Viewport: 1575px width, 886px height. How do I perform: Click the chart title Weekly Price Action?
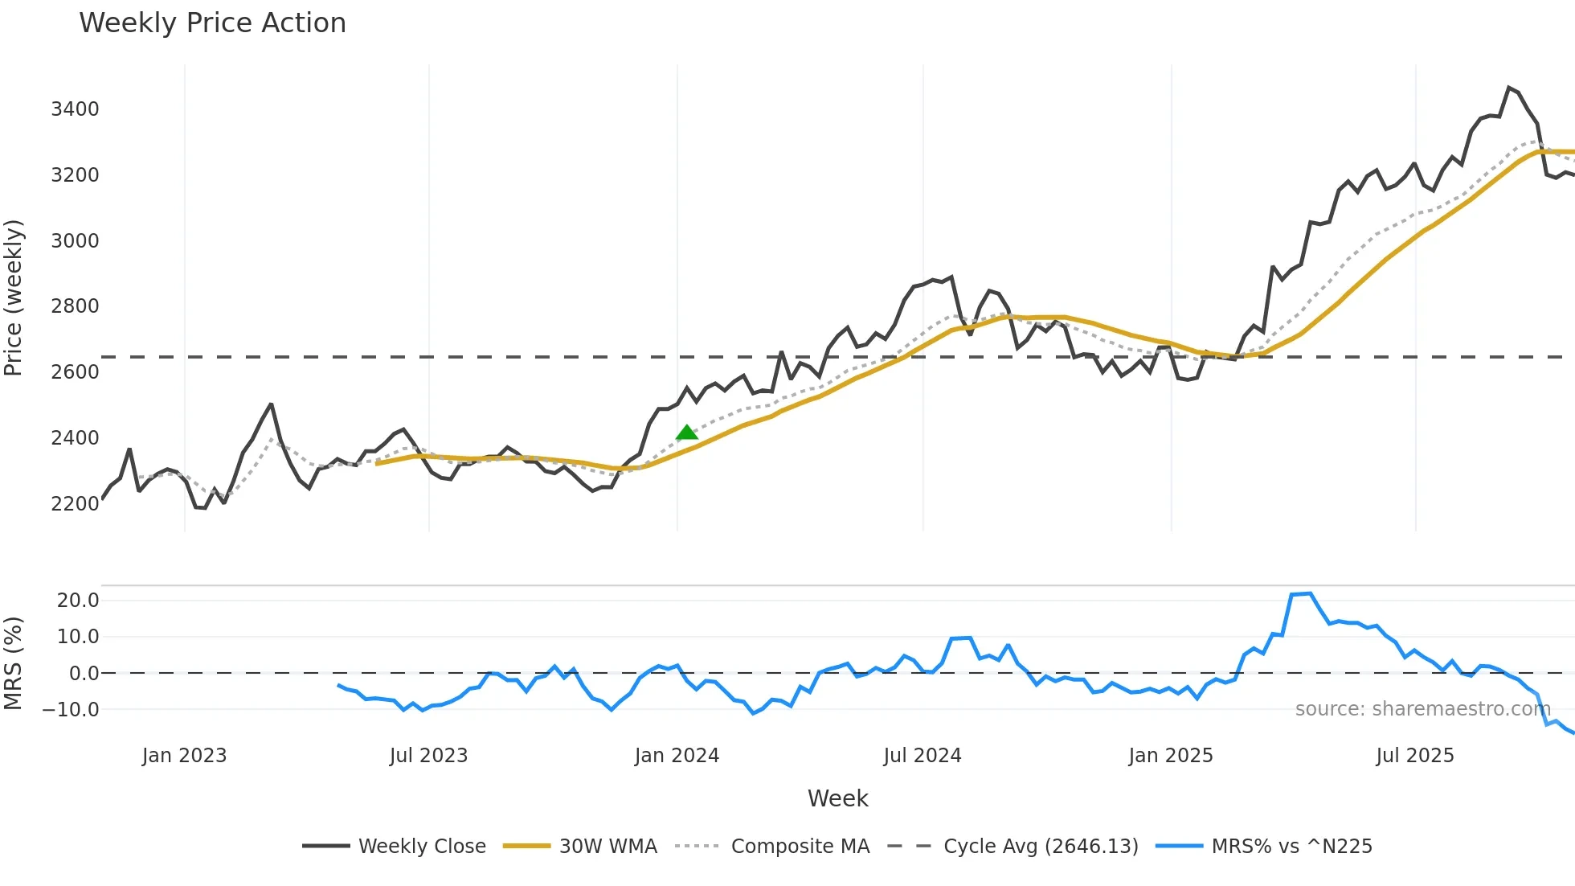pyautogui.click(x=212, y=23)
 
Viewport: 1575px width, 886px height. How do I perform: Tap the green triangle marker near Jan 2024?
pyautogui.click(x=686, y=433)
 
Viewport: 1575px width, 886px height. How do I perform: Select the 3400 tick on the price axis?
pyautogui.click(x=75, y=109)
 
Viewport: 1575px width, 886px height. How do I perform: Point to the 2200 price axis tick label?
pyautogui.click(x=75, y=504)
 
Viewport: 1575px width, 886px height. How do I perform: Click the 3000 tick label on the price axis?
pyautogui.click(x=75, y=240)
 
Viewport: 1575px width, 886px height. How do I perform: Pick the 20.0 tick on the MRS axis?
pyautogui.click(x=78, y=600)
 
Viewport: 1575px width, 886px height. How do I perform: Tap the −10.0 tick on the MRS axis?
pyautogui.click(x=71, y=710)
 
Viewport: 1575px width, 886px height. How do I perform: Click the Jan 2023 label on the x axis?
pyautogui.click(x=184, y=756)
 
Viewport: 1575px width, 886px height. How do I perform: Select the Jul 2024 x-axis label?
pyautogui.click(x=922, y=756)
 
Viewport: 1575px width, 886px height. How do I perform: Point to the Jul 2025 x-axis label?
pyautogui.click(x=1414, y=756)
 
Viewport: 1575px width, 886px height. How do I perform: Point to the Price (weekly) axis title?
pyautogui.click(x=14, y=297)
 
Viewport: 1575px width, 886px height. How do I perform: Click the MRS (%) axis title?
pyautogui.click(x=14, y=663)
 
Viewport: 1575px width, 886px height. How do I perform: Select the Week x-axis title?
pyautogui.click(x=837, y=798)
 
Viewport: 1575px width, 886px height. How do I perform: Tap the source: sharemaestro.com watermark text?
pyautogui.click(x=1422, y=709)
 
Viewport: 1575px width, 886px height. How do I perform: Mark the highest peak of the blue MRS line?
pyautogui.click(x=1310, y=593)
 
